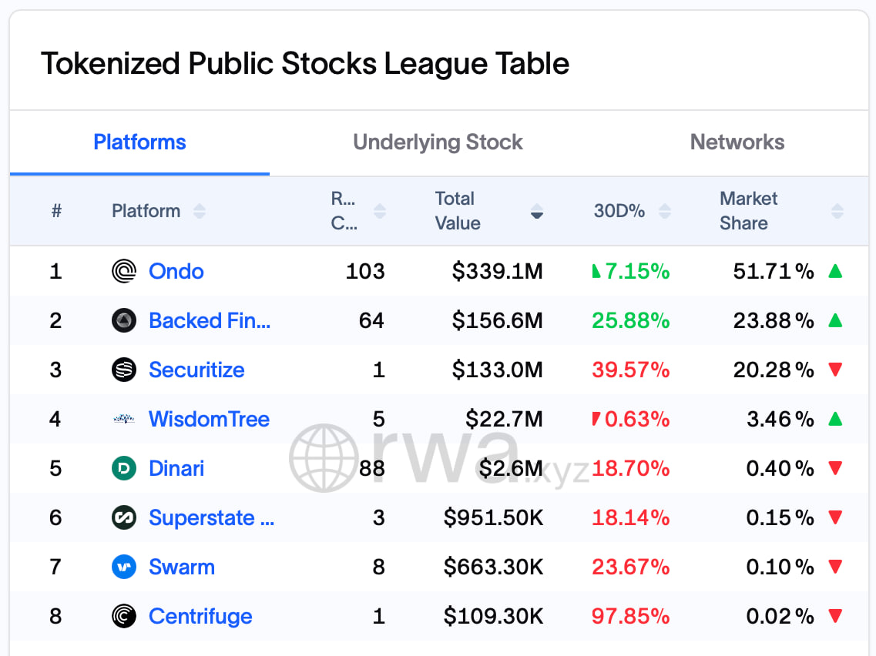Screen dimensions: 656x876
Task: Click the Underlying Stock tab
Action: pos(438,142)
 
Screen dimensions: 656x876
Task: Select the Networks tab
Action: pos(737,142)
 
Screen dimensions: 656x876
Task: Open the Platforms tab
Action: pos(139,142)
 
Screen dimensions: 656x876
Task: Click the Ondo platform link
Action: pos(176,271)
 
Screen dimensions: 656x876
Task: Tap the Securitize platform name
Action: pos(196,370)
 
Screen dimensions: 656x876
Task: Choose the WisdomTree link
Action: pos(209,419)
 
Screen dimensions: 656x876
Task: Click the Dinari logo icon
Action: pos(124,468)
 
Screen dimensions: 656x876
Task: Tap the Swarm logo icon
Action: pos(124,567)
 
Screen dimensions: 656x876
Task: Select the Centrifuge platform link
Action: pos(200,616)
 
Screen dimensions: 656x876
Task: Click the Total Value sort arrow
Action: pos(537,212)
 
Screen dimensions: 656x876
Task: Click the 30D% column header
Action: pos(619,211)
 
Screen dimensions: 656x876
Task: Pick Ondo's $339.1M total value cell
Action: pos(497,271)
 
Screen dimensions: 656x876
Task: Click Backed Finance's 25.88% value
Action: pos(631,320)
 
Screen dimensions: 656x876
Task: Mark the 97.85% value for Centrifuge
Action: pos(631,616)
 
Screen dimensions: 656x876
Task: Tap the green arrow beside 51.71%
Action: pos(835,271)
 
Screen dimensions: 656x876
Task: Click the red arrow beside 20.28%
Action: pos(835,370)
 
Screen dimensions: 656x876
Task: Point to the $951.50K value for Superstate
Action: pos(493,517)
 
